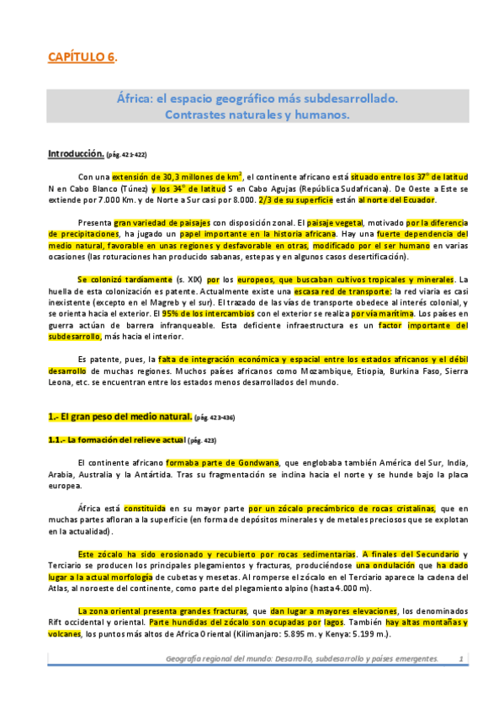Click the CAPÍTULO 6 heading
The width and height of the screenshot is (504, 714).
point(80,56)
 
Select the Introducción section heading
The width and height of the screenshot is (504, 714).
point(75,154)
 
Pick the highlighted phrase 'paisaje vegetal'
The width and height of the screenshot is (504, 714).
point(307,222)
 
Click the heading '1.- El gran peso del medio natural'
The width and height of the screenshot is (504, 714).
point(119,416)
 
